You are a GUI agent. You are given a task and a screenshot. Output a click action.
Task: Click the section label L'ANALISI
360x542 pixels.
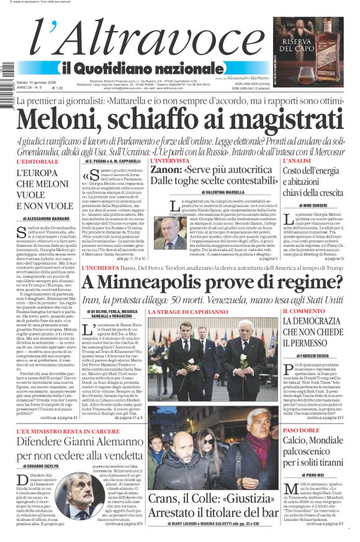[297, 161]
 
